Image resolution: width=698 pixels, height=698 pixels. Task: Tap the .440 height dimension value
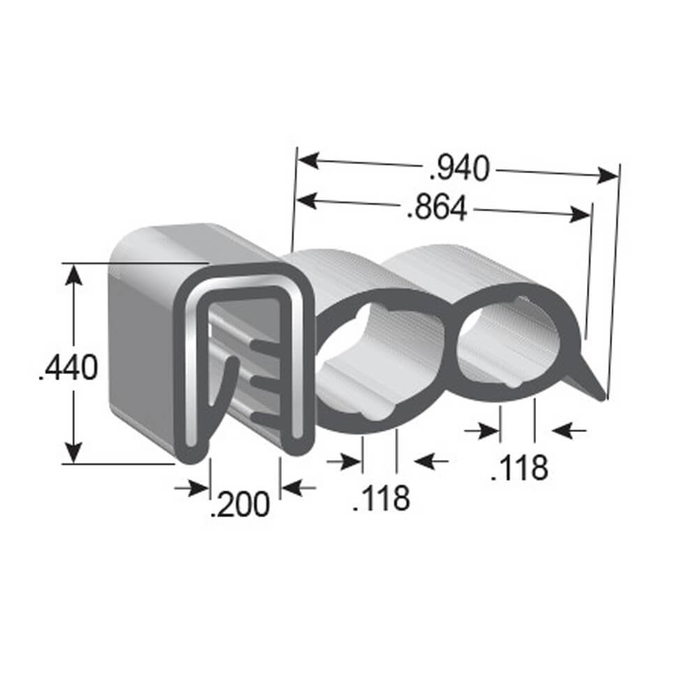pyautogui.click(x=68, y=367)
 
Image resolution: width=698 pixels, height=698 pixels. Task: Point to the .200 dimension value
pyautogui.click(x=239, y=504)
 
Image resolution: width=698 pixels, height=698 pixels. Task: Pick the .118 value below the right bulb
pyautogui.click(x=519, y=468)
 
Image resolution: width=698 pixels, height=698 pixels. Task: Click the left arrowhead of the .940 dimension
pyautogui.click(x=306, y=161)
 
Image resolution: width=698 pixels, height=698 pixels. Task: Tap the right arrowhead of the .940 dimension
pyautogui.click(x=609, y=174)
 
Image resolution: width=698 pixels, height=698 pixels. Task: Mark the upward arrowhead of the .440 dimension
pyautogui.click(x=75, y=273)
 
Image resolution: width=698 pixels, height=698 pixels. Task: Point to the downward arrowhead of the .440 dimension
pyautogui.click(x=75, y=453)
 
